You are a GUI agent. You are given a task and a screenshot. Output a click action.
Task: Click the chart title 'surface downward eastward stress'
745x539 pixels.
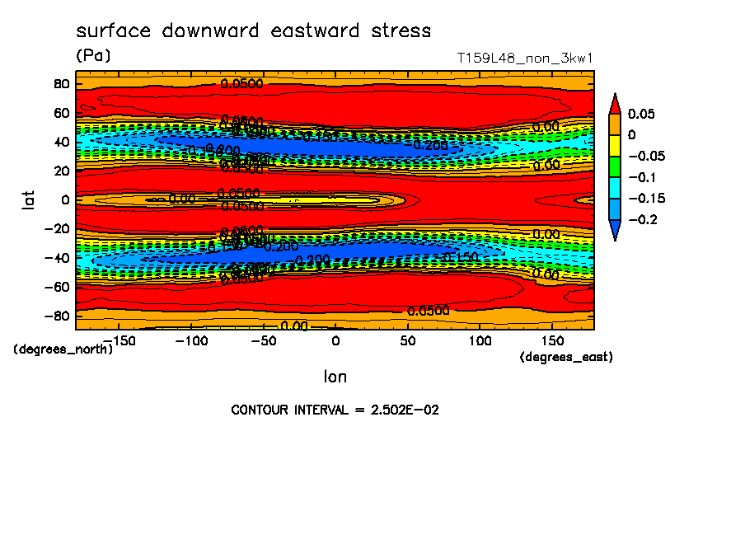point(253,31)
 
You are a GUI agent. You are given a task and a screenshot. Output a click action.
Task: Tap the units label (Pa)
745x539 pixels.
point(92,56)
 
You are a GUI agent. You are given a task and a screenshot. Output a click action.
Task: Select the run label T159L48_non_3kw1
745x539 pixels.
point(525,59)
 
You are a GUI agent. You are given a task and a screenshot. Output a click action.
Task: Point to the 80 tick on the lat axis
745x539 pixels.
point(60,84)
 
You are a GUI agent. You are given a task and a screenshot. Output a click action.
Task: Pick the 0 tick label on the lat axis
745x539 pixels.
point(65,199)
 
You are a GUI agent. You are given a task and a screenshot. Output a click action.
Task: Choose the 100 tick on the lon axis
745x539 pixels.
point(480,340)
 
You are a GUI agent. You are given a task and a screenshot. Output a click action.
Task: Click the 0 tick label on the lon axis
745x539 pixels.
point(335,340)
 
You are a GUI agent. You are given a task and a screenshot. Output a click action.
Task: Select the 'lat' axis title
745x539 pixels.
point(30,199)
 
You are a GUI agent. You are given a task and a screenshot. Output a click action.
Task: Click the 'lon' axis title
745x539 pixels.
point(335,377)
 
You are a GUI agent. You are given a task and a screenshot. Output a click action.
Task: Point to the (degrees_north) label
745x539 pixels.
point(63,349)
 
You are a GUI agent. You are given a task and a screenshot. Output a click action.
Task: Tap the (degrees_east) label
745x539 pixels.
point(566,357)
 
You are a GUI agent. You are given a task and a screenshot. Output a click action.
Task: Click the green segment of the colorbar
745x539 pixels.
point(615,166)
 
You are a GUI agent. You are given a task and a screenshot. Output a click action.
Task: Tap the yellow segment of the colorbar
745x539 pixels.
point(615,145)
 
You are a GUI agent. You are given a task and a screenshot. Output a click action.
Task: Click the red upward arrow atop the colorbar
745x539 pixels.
point(615,102)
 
